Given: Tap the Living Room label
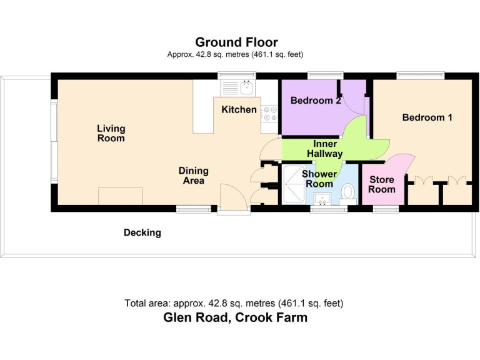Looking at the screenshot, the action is coord(111,133).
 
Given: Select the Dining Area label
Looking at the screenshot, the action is coord(193,176).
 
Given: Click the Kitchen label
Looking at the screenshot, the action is coord(239,110).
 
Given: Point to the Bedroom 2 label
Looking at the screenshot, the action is coord(316,100).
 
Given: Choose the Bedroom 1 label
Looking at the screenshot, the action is coord(427,117).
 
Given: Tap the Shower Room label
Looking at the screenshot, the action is coord(319,179).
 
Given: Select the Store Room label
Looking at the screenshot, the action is coord(381,185).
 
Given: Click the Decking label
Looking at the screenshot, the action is coord(142,232).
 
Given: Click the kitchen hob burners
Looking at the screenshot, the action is coord(271,113).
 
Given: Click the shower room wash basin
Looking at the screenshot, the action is coord(323,199).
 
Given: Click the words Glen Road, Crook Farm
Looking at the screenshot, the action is coord(235,317).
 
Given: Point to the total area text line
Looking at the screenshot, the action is coord(234,304).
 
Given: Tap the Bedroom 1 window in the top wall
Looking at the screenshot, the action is coord(421,76).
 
